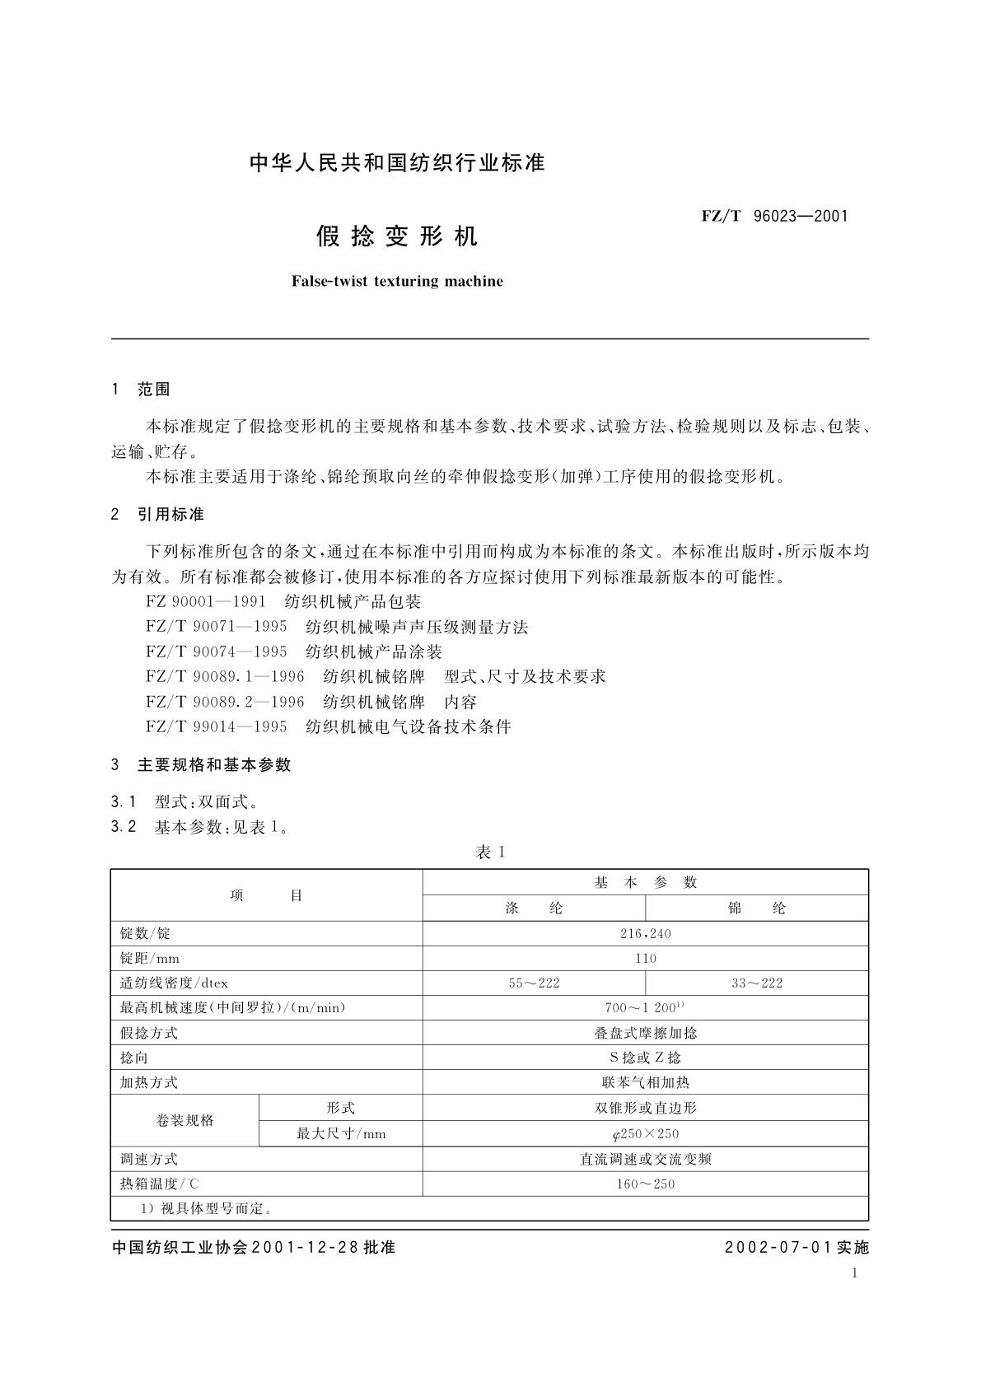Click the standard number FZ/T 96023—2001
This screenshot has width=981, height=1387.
(774, 217)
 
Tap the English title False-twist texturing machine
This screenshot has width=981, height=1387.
(397, 282)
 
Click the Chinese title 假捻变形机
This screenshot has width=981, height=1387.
(397, 237)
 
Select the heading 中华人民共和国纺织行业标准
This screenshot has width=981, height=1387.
(397, 163)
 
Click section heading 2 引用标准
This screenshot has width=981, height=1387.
(157, 515)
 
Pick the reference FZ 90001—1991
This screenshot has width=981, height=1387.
(206, 602)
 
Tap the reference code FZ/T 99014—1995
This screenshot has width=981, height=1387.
(217, 726)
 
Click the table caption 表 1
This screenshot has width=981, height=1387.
(490, 852)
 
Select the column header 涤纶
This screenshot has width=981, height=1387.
(534, 908)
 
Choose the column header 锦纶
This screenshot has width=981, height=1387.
(757, 908)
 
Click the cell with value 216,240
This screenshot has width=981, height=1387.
(646, 933)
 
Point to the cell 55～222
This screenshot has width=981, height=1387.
(534, 983)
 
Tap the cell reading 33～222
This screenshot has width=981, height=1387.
(757, 983)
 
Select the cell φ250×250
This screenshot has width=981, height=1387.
(646, 1134)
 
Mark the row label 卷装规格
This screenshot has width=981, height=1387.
(185, 1121)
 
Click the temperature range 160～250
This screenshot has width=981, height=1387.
(646, 1184)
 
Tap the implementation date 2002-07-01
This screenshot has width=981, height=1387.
(779, 1247)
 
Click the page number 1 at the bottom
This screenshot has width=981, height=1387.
(854, 1273)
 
